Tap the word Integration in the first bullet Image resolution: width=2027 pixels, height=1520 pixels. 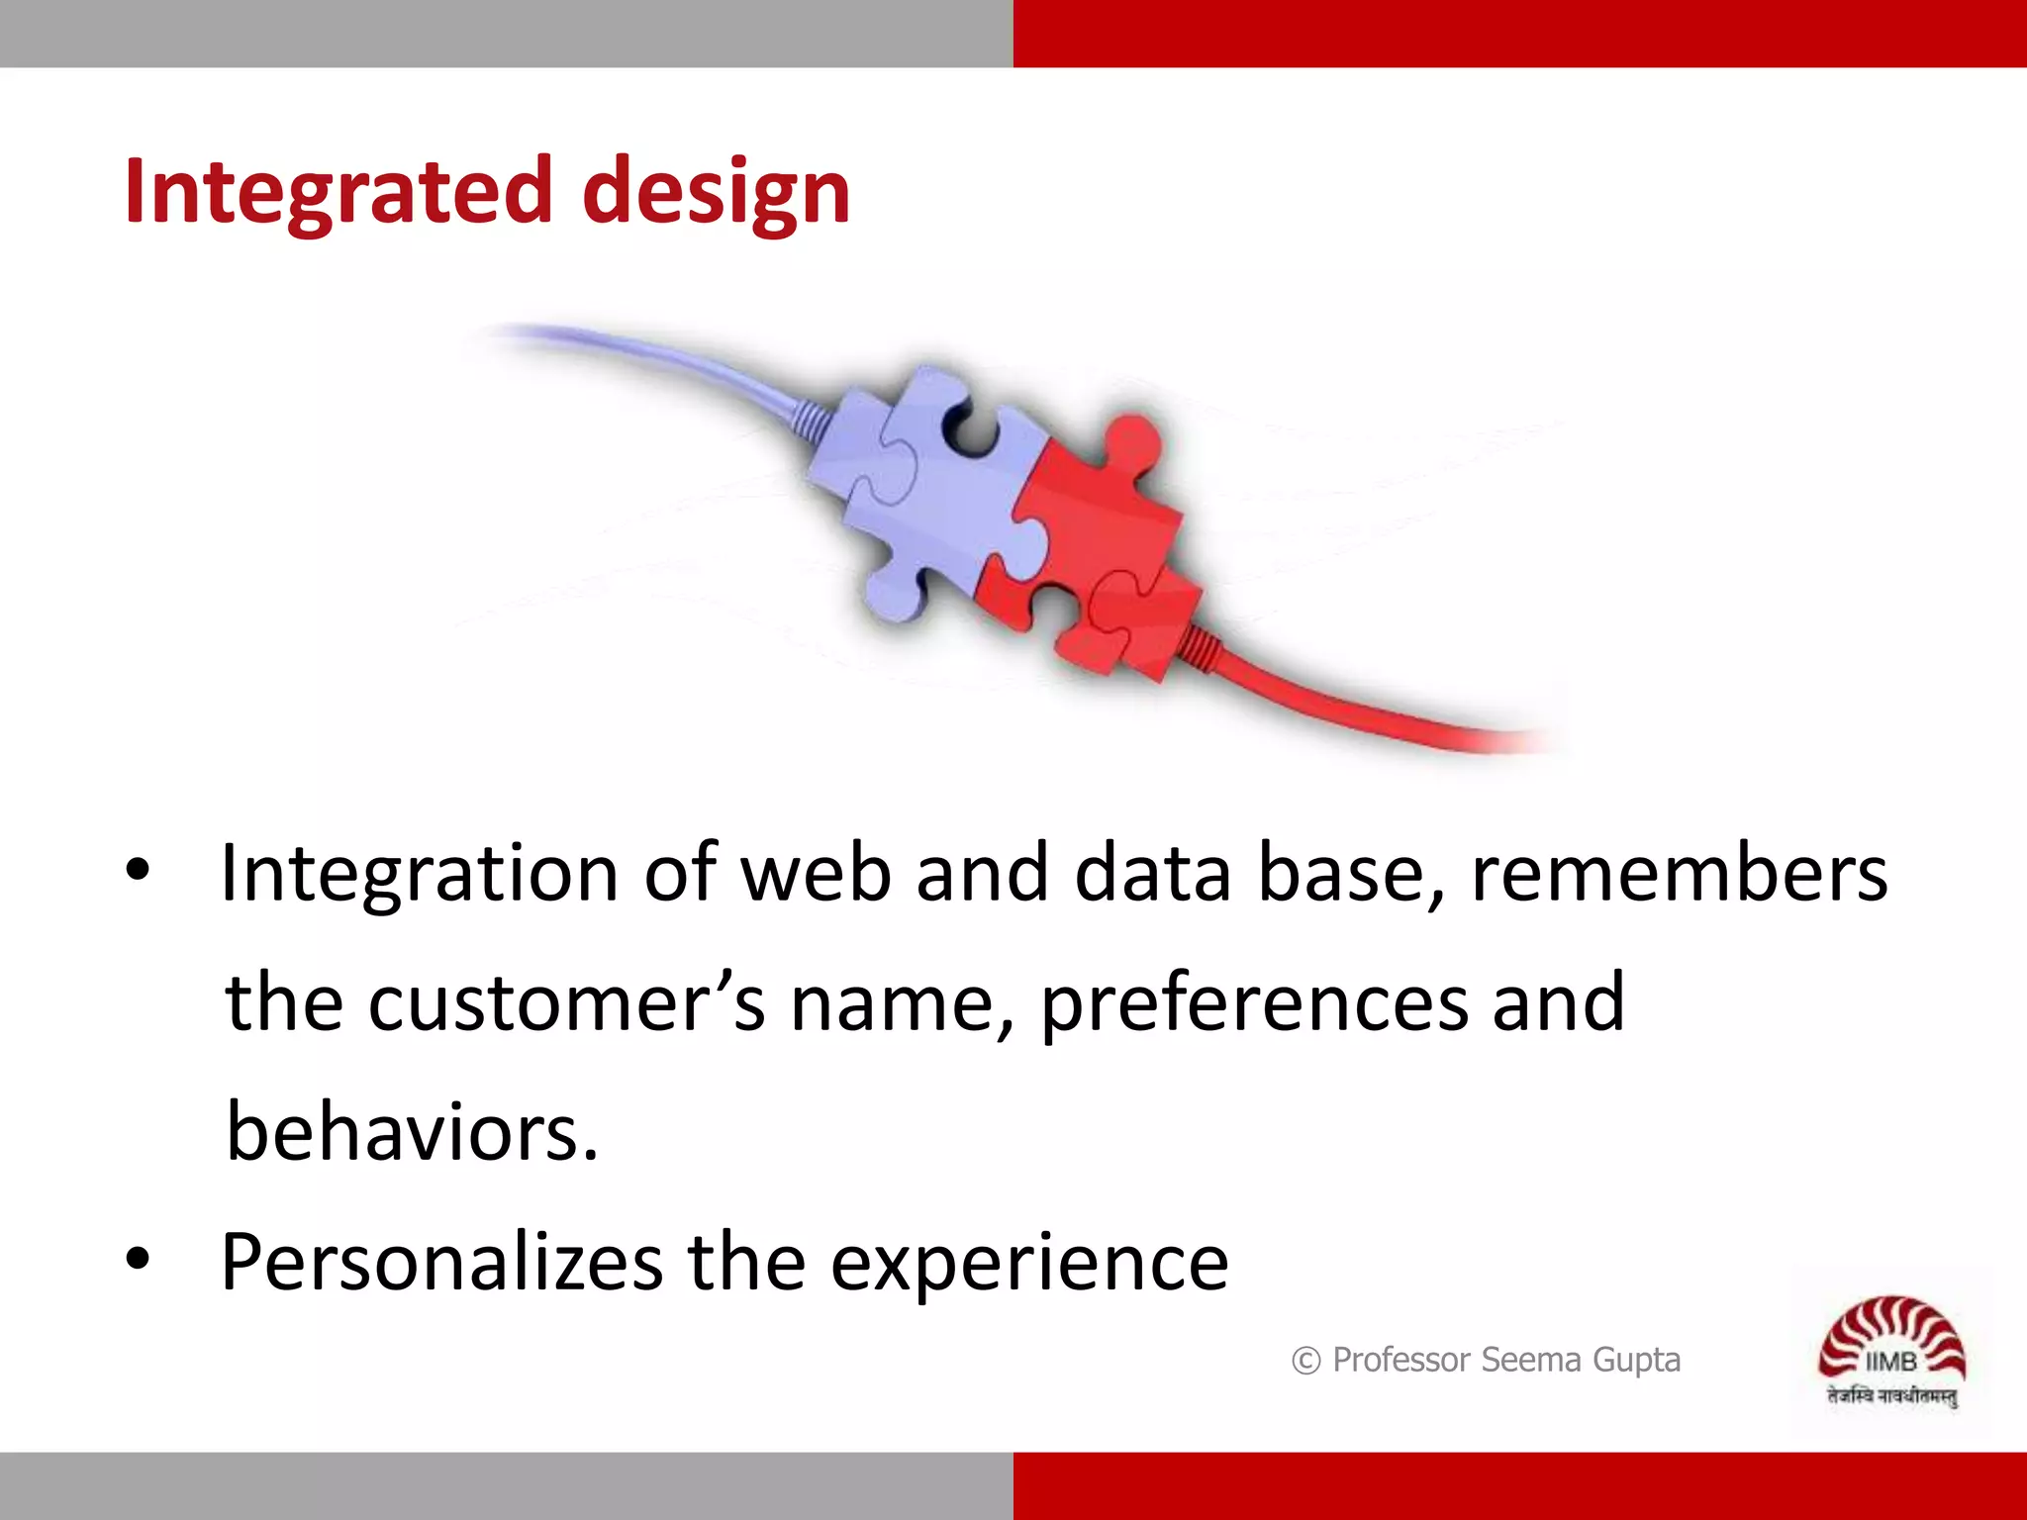pos(419,874)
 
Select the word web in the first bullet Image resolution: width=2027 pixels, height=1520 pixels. pos(816,874)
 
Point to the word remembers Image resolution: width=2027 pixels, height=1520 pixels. pos(1680,874)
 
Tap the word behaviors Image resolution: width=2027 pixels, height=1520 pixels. pos(411,1131)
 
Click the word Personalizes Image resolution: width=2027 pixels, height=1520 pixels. pos(441,1264)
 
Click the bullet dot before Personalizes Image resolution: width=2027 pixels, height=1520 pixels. pos(138,1260)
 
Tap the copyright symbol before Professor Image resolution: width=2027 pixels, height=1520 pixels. pos(1305,1362)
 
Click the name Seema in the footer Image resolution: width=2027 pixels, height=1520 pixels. pos(1530,1360)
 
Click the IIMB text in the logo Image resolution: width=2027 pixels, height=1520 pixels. pos(1890,1362)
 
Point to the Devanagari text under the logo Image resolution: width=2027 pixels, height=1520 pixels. pos(1891,1396)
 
